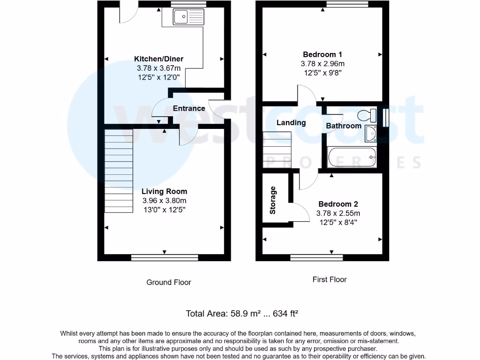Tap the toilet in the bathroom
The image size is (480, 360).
[366, 115]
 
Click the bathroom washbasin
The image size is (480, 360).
[370, 133]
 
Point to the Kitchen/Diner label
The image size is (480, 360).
[159, 59]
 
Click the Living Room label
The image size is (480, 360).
[165, 191]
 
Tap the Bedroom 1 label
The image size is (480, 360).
[322, 54]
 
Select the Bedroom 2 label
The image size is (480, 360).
[338, 204]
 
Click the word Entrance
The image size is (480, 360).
[189, 108]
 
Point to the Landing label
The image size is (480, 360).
[291, 123]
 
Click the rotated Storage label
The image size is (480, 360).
[273, 200]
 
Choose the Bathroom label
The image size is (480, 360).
[344, 126]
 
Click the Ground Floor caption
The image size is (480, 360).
[169, 282]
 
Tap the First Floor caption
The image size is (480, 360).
[330, 279]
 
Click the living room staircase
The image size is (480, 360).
[119, 170]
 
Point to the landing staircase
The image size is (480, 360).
[277, 150]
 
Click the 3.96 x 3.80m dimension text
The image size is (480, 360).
[165, 201]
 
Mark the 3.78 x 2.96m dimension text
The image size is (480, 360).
[322, 64]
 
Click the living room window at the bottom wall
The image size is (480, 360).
[165, 257]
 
